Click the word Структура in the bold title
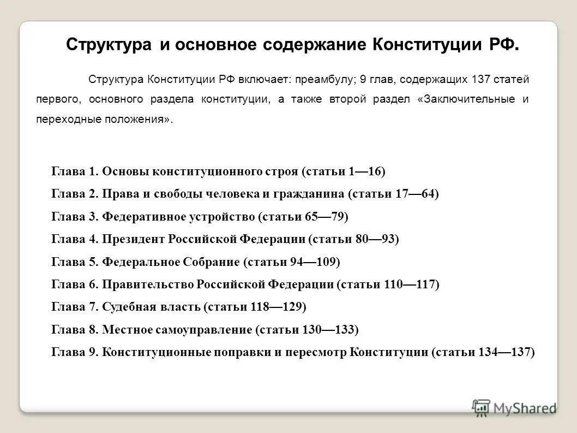pyautogui.click(x=108, y=44)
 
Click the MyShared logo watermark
pyautogui.click(x=514, y=407)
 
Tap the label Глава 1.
pyautogui.click(x=75, y=171)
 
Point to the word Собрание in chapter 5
pyautogui.click(x=212, y=262)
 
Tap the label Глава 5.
pyautogui.click(x=75, y=262)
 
